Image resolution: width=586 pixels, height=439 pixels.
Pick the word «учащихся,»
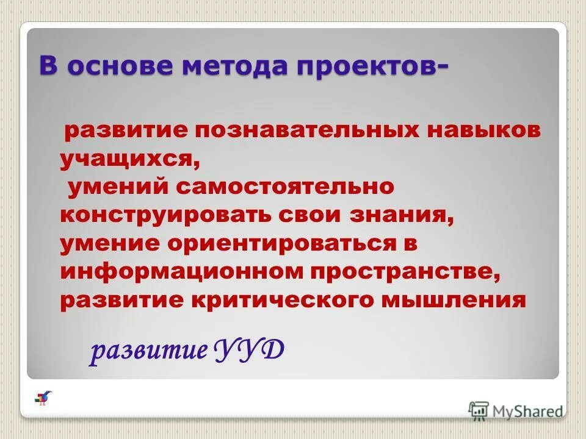[x=129, y=159]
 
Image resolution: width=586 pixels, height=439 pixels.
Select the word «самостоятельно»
[x=286, y=187]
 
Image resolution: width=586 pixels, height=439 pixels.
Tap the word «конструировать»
[x=164, y=215]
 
